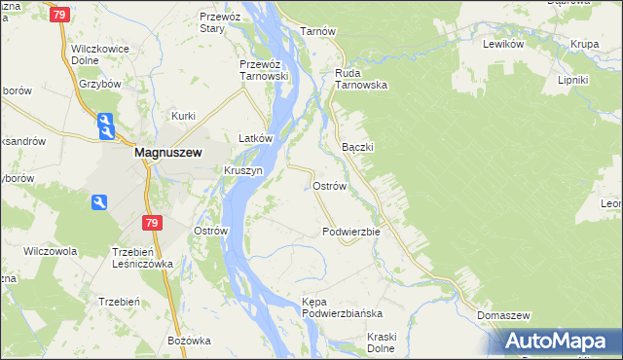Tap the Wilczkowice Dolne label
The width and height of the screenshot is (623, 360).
click(x=101, y=53)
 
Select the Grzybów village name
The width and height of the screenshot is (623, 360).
click(x=99, y=84)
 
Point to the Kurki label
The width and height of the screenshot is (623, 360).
click(x=184, y=116)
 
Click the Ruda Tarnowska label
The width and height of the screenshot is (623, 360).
click(x=361, y=78)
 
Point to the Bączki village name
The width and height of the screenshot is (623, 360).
click(x=358, y=146)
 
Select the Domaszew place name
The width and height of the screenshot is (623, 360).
click(x=503, y=316)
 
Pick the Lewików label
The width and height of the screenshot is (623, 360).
click(x=504, y=44)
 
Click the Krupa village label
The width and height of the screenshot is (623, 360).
click(x=584, y=44)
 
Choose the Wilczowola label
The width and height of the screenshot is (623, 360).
click(x=51, y=250)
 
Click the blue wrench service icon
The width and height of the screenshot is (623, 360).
click(x=98, y=202)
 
